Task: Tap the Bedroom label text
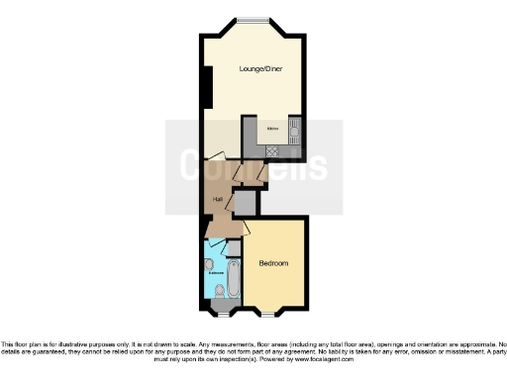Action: (x=273, y=263)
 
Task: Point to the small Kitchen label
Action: (x=270, y=130)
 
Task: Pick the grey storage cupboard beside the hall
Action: (x=245, y=203)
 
